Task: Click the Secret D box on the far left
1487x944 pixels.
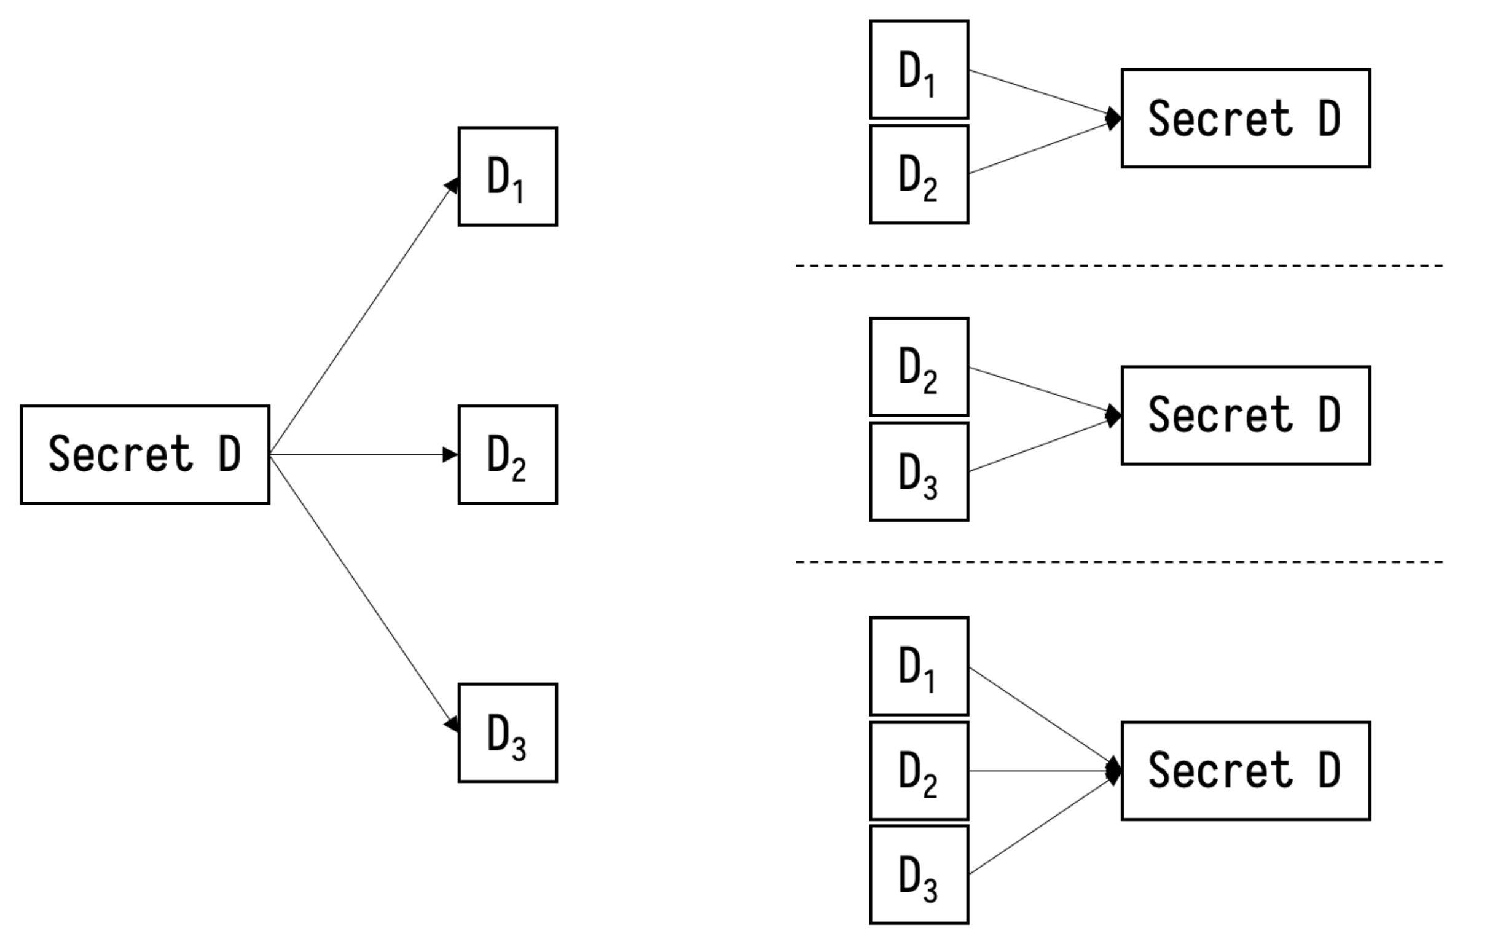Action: [x=144, y=455]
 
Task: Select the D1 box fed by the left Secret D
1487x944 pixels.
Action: [x=508, y=176]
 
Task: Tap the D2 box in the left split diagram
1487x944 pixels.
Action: [x=508, y=455]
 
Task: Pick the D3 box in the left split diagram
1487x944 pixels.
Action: [x=508, y=733]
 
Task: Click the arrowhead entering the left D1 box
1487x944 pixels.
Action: [x=452, y=186]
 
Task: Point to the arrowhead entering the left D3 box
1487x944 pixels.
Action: [x=452, y=723]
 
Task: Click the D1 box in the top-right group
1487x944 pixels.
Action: [x=919, y=69]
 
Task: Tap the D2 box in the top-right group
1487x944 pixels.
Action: [x=919, y=174]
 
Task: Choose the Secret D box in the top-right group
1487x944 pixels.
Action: [x=1246, y=118]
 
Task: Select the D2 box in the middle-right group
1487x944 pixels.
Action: [x=919, y=367]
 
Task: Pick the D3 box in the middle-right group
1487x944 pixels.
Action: [x=919, y=472]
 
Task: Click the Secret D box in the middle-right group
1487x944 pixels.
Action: [x=1246, y=415]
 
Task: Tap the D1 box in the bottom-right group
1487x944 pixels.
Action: [x=919, y=666]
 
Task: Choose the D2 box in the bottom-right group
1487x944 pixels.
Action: [x=919, y=771]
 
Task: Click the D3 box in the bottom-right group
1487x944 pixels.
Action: [x=919, y=875]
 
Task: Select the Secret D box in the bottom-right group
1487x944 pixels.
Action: [x=1246, y=771]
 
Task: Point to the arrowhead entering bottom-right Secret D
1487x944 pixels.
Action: [x=1114, y=771]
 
